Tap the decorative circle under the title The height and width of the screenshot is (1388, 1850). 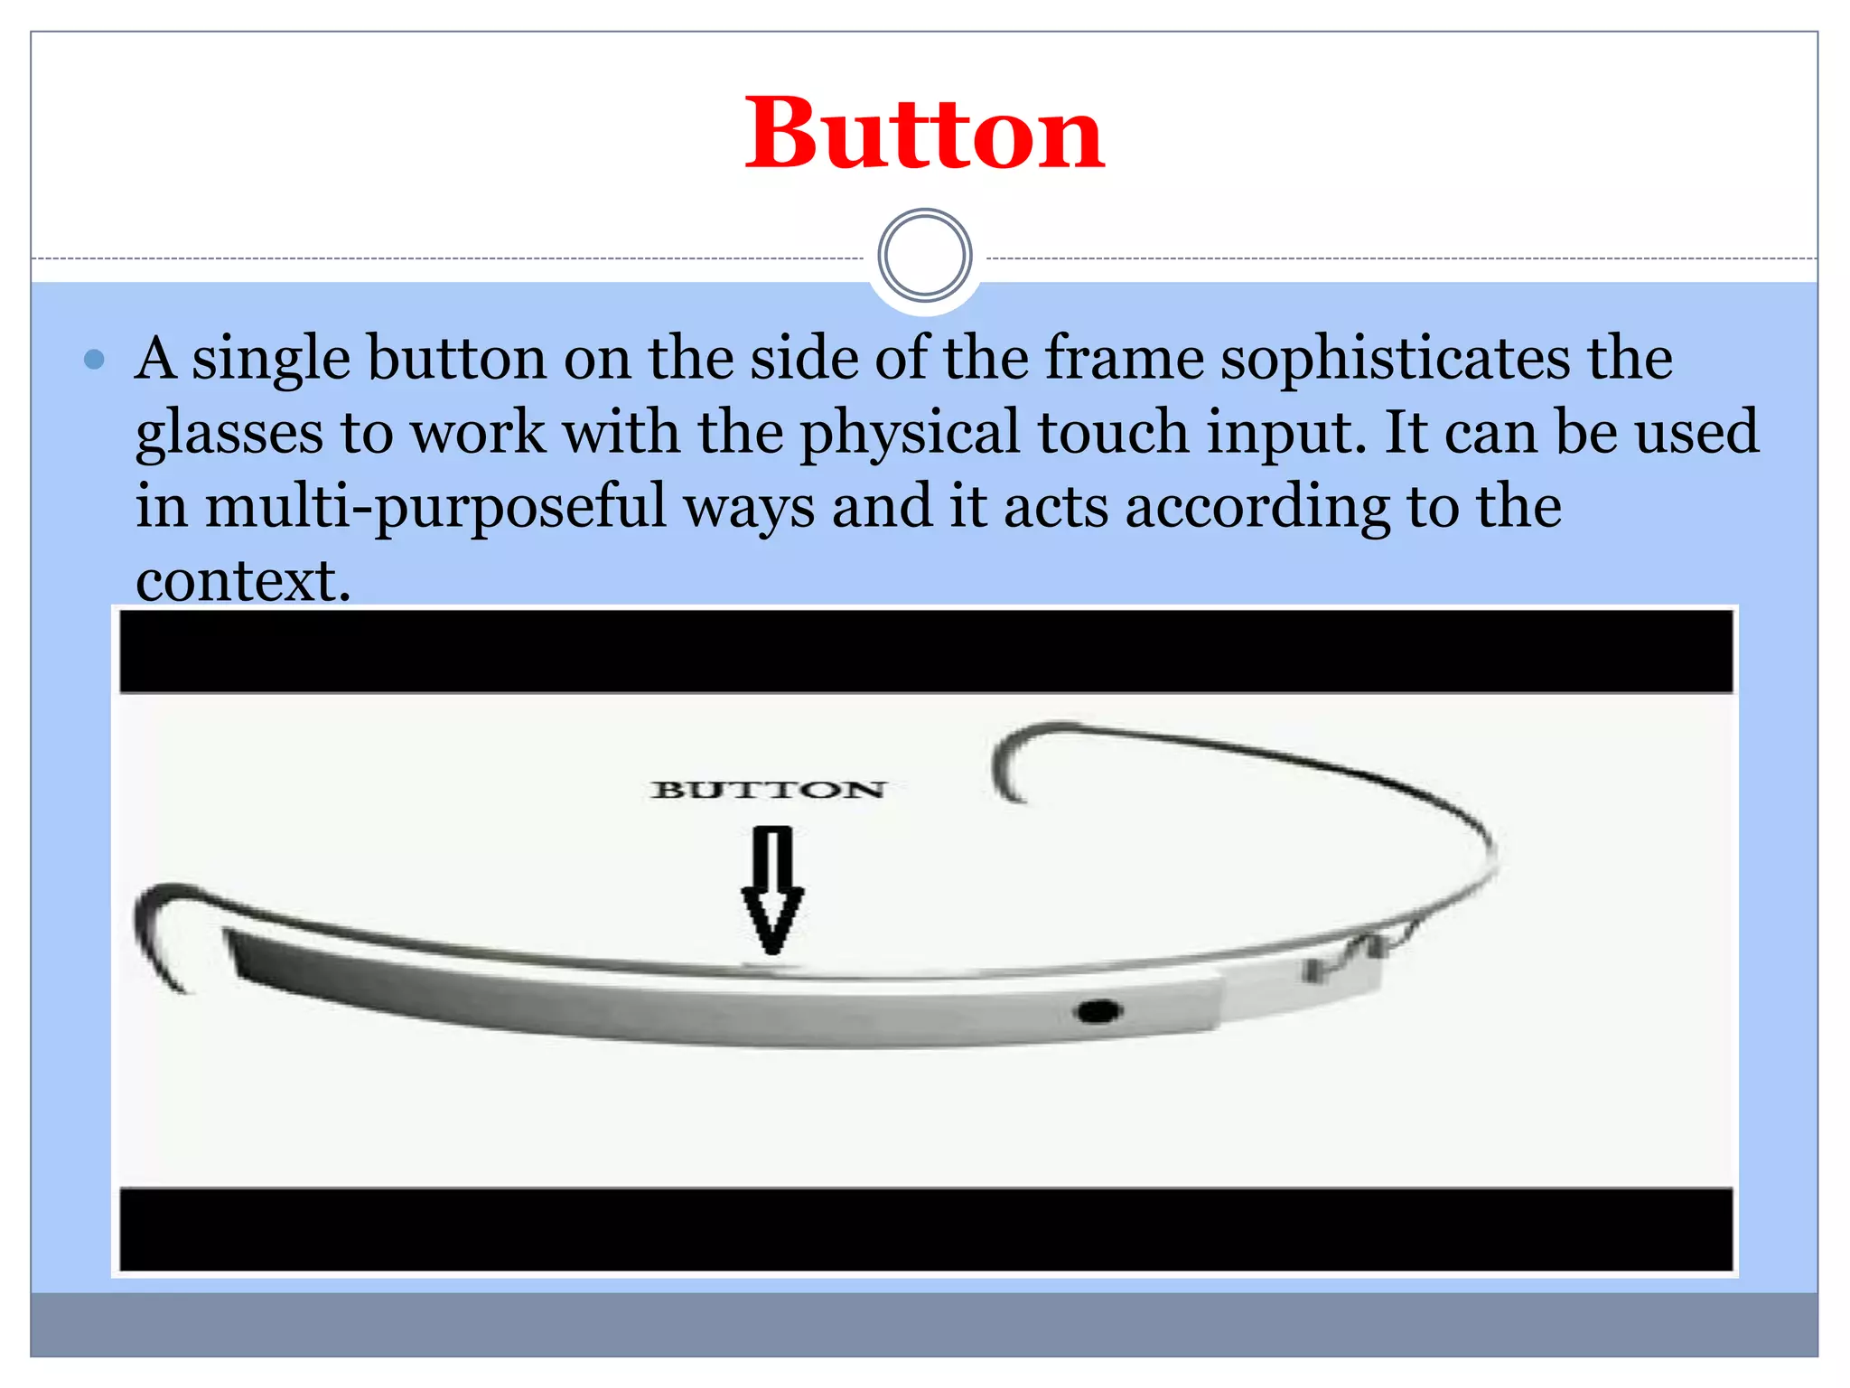tap(924, 256)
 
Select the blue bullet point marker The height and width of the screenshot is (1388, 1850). tap(94, 360)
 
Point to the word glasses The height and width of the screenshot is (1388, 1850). tap(229, 435)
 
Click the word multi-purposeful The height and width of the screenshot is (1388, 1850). tap(435, 507)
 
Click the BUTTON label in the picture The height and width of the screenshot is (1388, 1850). tap(769, 790)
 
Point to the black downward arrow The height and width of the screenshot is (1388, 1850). tap(772, 890)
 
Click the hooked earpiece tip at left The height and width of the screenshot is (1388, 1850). tap(158, 931)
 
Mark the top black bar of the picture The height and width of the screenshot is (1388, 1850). tap(926, 651)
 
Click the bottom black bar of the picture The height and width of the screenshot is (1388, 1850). tap(926, 1230)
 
